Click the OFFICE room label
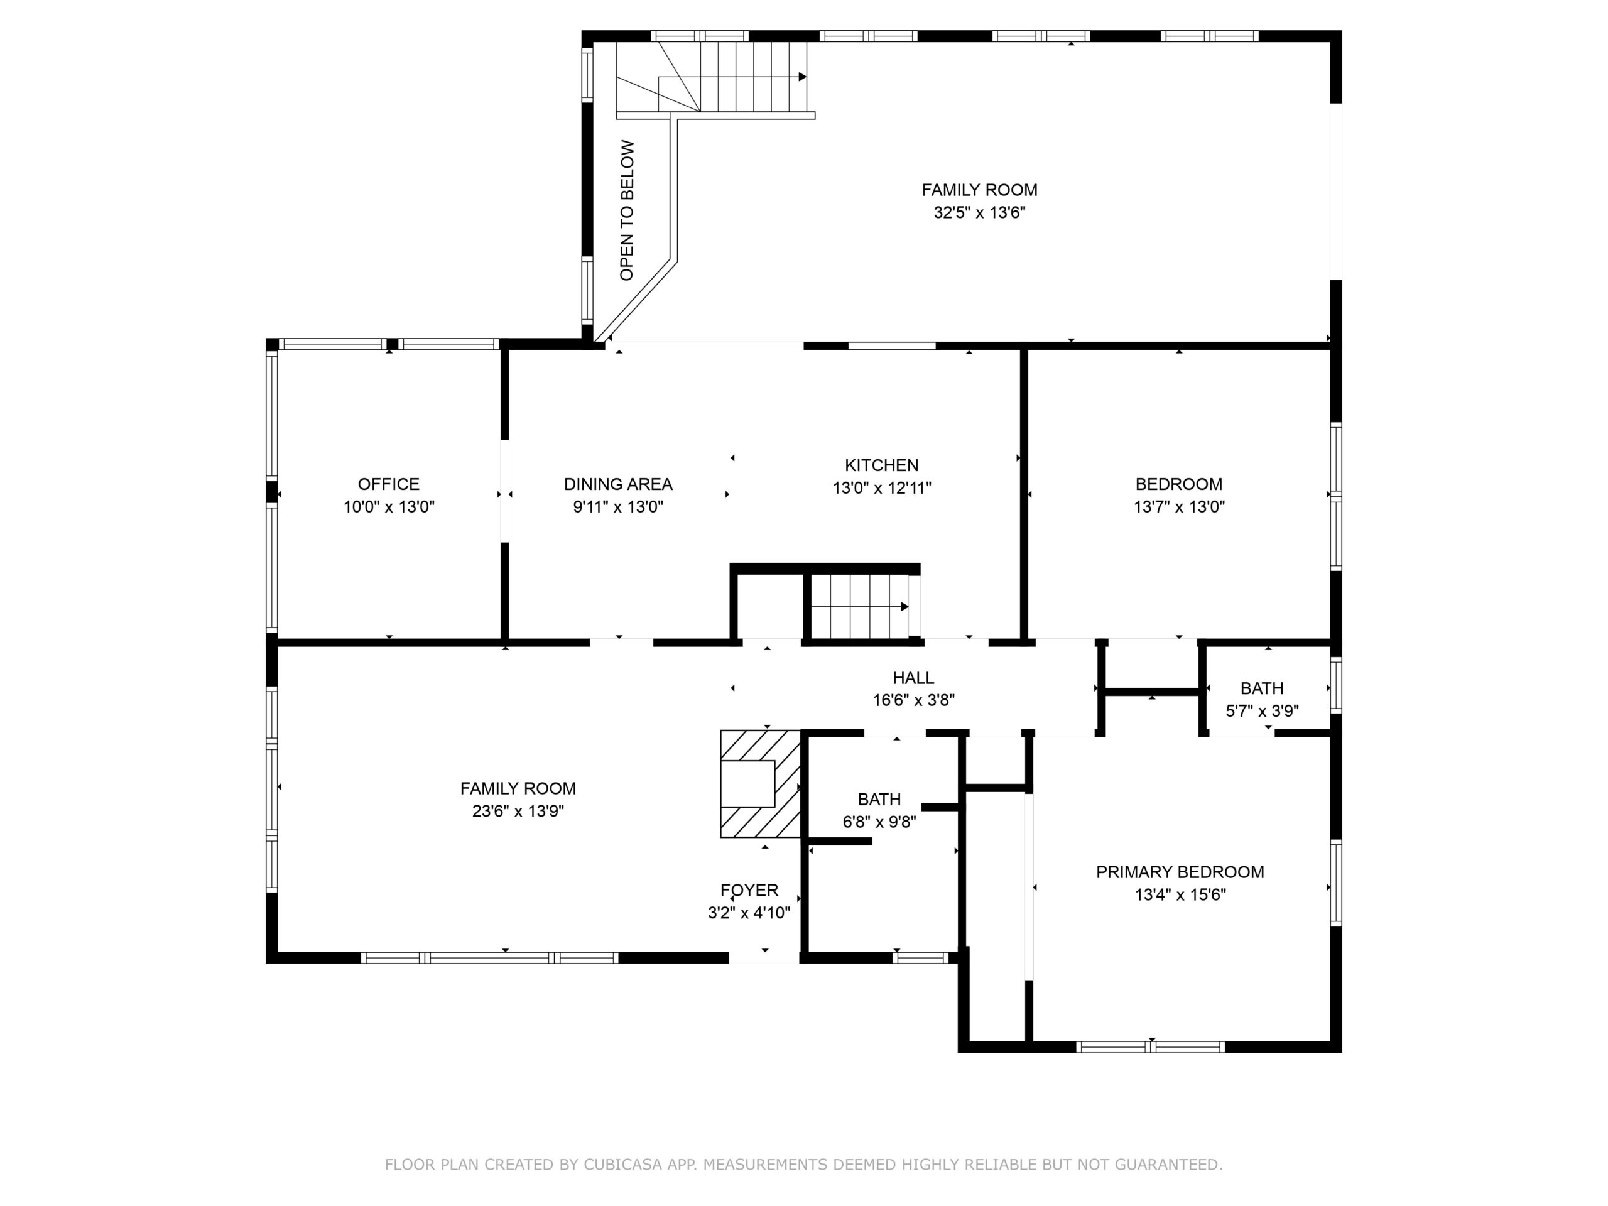click(388, 484)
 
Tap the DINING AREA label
click(618, 484)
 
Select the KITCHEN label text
click(881, 465)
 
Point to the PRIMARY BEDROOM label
click(1180, 872)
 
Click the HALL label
click(913, 678)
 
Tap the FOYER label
click(749, 890)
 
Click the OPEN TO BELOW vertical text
click(627, 210)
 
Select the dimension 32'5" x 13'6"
click(979, 212)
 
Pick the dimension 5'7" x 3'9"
click(1262, 711)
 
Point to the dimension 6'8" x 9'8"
click(879, 822)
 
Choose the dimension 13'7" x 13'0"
click(1179, 507)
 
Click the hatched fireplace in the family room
click(761, 784)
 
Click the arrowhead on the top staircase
click(803, 77)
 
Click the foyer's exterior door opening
click(764, 957)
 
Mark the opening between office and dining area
click(504, 491)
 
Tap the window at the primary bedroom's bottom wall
click(1150, 1047)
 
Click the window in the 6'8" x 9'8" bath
click(920, 957)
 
